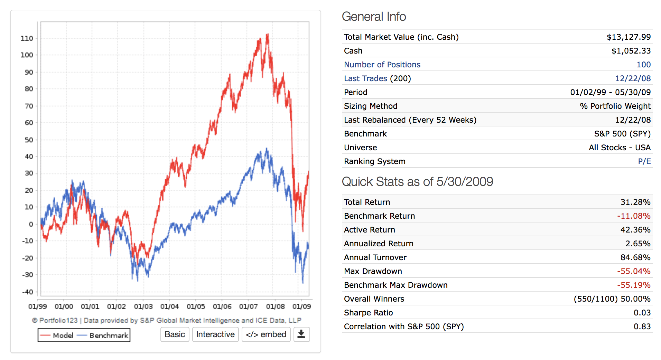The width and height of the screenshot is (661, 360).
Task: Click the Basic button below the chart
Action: point(175,334)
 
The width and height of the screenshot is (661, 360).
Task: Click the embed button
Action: point(266,334)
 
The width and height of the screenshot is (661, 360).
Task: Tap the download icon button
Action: point(301,334)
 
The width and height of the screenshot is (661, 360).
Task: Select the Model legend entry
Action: point(57,335)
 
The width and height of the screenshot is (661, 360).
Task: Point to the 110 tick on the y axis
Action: point(27,38)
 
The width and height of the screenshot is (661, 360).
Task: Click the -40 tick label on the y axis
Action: point(27,292)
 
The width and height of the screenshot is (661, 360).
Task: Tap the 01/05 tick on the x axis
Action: point(196,306)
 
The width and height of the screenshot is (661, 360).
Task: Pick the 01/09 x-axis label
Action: point(301,306)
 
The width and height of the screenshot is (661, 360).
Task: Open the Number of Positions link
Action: point(382,65)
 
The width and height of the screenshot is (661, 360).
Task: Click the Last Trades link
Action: point(365,78)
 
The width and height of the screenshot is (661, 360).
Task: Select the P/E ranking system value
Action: point(644,161)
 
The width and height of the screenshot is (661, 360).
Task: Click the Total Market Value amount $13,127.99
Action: point(629,37)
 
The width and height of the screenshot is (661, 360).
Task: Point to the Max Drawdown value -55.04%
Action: point(634,271)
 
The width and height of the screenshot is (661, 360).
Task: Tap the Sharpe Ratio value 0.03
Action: point(642,313)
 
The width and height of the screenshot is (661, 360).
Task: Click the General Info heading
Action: point(374,17)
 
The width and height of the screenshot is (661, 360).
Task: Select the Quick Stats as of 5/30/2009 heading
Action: point(417,182)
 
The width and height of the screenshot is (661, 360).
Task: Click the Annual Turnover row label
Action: point(375,257)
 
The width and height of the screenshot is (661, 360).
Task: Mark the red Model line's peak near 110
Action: point(267,34)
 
